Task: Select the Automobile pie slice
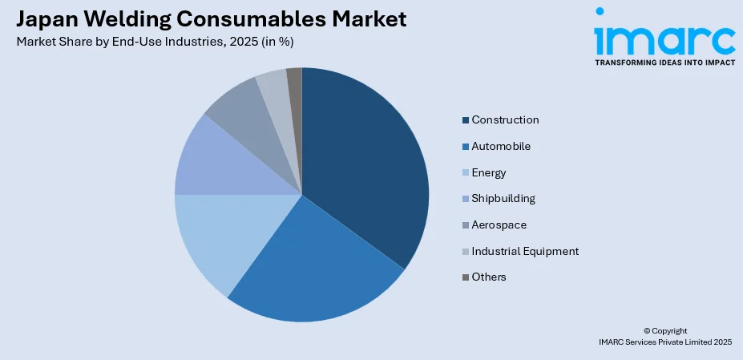coord(313,265)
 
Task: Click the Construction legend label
coord(505,120)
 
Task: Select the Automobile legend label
coord(501,147)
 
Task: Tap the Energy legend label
coord(489,172)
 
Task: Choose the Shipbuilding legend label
coord(503,199)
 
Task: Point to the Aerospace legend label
coord(499,224)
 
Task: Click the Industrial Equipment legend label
coord(525,251)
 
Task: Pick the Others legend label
coord(489,277)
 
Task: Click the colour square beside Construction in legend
coord(466,120)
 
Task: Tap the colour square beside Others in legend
coord(466,277)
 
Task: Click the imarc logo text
coord(664,36)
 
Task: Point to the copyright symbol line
coord(665,330)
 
